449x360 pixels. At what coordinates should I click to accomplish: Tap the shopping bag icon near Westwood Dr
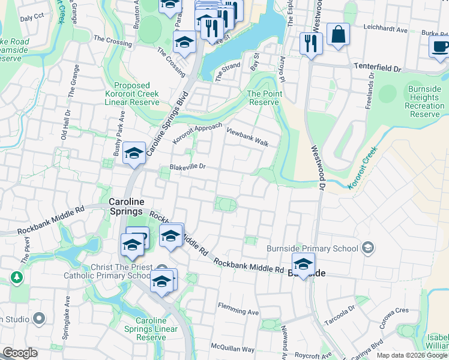[338, 35]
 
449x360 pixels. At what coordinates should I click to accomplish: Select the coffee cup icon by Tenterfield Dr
[439, 46]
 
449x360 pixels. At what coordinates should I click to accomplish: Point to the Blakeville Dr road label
[187, 167]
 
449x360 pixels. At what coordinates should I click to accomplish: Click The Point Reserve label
[264, 98]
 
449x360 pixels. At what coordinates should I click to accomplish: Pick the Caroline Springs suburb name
[126, 207]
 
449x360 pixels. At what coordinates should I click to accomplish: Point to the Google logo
[20, 352]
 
